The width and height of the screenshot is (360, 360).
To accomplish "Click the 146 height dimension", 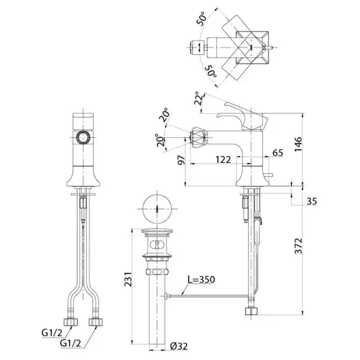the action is click(x=298, y=144).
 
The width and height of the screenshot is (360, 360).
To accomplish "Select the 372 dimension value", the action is click(x=298, y=246).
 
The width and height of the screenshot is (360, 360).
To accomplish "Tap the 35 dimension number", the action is click(x=312, y=202).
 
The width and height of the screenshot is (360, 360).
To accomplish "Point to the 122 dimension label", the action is click(x=223, y=159).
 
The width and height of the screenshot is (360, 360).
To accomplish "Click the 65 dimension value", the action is click(x=278, y=153).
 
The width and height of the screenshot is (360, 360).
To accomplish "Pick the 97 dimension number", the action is click(x=182, y=160).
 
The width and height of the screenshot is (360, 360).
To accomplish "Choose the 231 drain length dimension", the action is click(x=128, y=279).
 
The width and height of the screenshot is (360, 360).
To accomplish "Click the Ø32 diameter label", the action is click(x=179, y=346).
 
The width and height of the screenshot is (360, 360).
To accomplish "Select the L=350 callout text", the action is click(x=202, y=279).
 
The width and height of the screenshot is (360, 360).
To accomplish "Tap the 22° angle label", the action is click(x=199, y=98).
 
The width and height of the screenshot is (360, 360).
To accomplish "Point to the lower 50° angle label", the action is click(x=210, y=71).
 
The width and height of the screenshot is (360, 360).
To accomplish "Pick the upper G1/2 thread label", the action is click(x=52, y=333).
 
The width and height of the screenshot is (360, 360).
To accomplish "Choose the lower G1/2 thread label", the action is click(x=70, y=343).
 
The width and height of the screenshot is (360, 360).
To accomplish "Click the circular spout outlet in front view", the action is click(x=83, y=137).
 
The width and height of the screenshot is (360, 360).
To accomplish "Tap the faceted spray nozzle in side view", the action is click(x=198, y=138).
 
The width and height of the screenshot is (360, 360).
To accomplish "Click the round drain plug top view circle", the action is click(x=157, y=209).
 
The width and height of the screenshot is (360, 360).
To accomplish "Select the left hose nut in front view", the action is click(x=71, y=322).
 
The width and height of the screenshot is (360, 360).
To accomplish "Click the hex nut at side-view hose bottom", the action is click(x=251, y=311).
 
